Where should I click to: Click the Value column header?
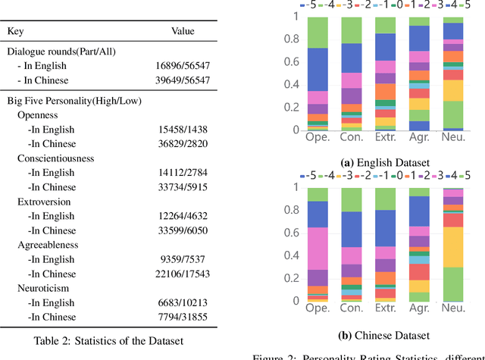coord(182,31)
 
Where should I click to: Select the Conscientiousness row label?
coord(57,159)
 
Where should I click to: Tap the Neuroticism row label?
coord(44,289)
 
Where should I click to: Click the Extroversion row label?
coord(44,202)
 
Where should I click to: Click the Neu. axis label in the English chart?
coord(452,137)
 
